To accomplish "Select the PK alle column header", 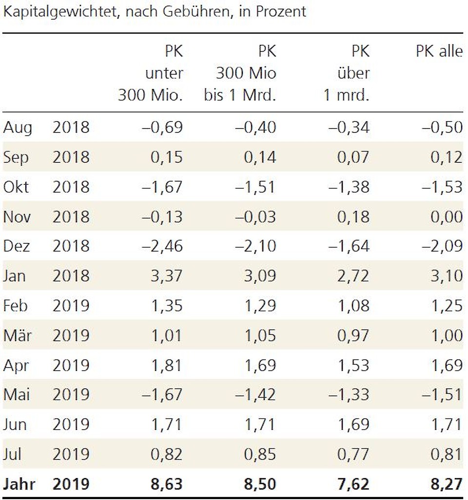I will point(439,51).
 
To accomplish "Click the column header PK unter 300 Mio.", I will point(151,73).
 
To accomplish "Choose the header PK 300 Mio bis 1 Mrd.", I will point(240,73).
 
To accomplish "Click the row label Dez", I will point(17,246).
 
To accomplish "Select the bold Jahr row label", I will point(20,484).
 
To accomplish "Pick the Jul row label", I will point(13,454).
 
